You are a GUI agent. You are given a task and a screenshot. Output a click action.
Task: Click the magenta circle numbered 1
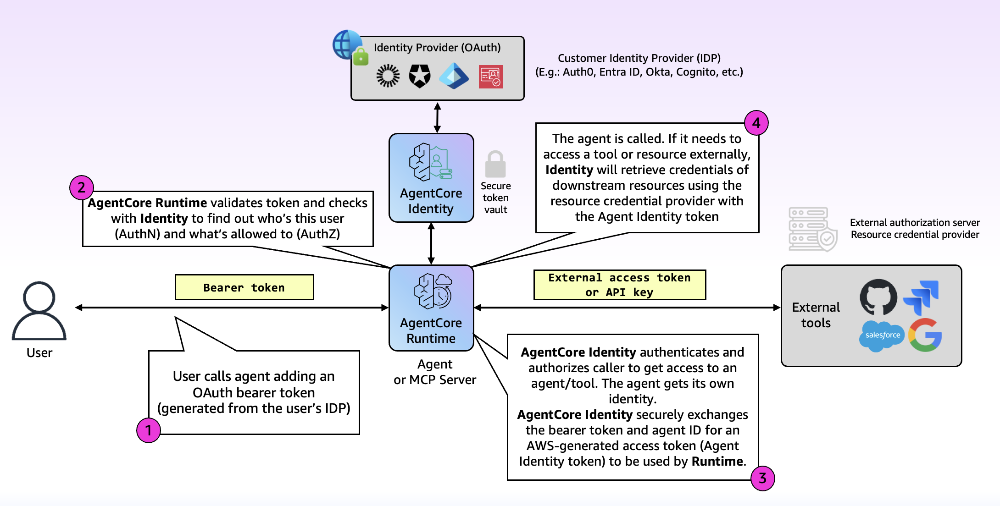coord(149,430)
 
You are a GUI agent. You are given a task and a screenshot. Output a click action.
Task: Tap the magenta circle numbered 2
coord(82,187)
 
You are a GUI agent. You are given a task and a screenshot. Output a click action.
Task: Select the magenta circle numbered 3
coord(762,478)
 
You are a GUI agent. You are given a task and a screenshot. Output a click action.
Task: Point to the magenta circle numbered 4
coord(756,123)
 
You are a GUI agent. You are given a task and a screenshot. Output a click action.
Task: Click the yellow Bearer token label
coord(244,287)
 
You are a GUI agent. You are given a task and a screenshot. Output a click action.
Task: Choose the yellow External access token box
coord(620,285)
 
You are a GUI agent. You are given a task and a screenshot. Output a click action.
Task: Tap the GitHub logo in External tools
coord(878,297)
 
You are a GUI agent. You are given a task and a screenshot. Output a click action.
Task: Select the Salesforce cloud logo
coord(882,336)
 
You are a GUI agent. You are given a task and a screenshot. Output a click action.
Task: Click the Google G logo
coord(925,335)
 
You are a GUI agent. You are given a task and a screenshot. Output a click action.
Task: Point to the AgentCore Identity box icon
coord(431,162)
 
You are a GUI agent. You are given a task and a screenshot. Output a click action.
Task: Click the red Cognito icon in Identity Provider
coord(491,77)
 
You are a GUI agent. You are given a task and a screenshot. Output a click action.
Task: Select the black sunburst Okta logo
coord(388,76)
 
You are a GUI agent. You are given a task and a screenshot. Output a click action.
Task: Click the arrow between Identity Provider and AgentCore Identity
coord(438,117)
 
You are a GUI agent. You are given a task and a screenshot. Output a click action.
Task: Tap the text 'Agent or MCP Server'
coord(435,372)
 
